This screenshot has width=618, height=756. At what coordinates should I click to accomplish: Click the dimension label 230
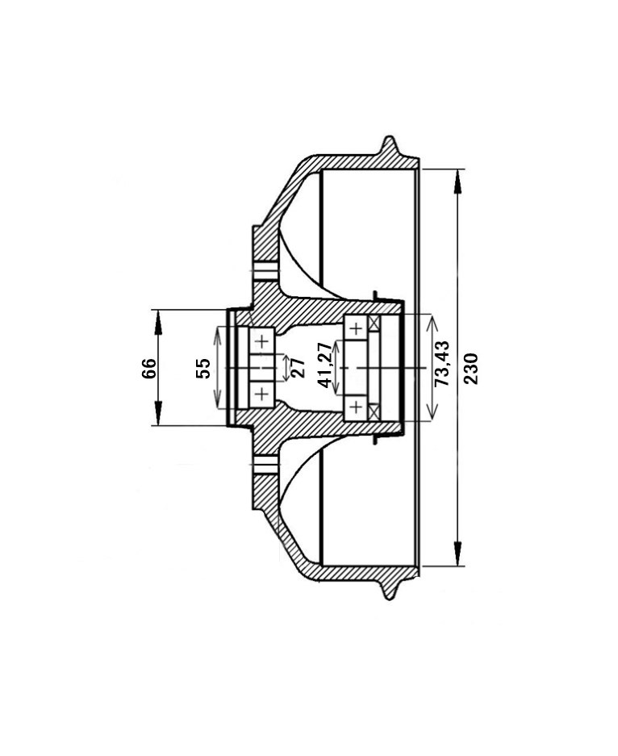(x=471, y=369)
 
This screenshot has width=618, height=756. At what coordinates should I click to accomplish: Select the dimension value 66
(x=149, y=368)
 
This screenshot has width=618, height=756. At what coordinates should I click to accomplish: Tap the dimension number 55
(x=203, y=368)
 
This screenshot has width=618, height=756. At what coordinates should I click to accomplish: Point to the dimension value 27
(x=298, y=368)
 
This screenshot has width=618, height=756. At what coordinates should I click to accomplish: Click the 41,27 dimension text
(x=325, y=365)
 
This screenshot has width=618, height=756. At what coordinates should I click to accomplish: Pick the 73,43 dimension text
(x=441, y=363)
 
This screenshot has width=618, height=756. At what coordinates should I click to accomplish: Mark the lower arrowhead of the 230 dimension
(x=457, y=553)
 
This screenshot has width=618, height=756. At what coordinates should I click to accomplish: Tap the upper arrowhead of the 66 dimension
(x=157, y=322)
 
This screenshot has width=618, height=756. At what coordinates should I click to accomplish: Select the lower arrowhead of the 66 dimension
(x=157, y=413)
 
